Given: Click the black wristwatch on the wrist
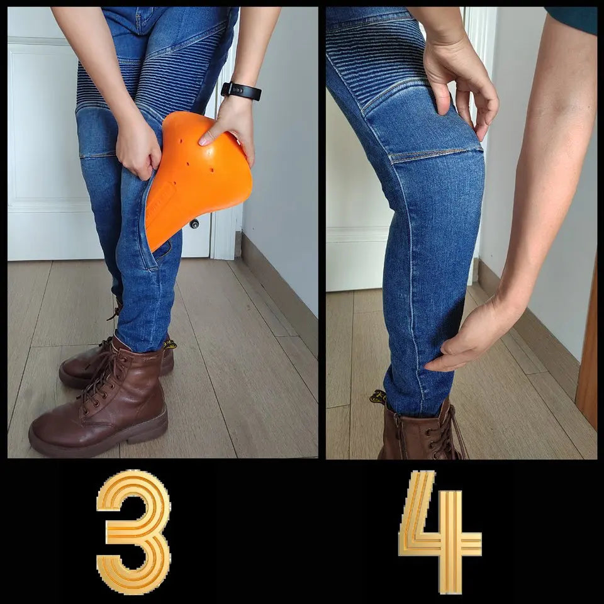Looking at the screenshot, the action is coord(242,91).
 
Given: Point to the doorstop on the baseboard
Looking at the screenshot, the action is coord(194,224).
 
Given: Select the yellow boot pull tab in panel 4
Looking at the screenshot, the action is coord(378,397).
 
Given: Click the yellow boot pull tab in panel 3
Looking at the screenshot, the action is coord(170,344).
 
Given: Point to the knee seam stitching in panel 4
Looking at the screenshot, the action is coord(435,155).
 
